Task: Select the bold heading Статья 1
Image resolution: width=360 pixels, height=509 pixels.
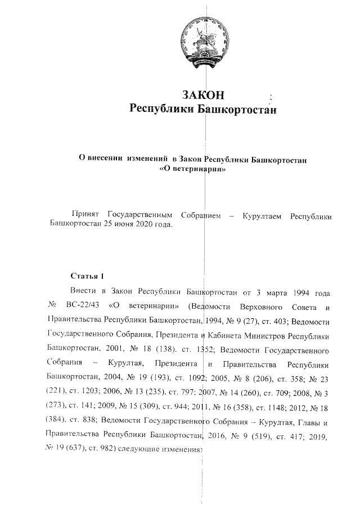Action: [88, 276]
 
